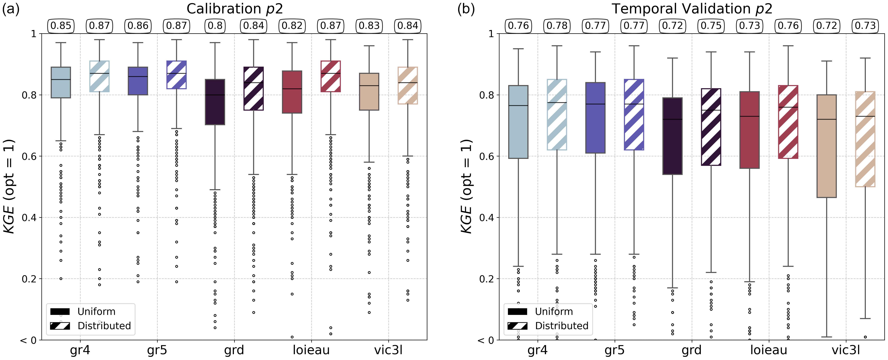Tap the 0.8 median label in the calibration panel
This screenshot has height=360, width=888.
[215, 26]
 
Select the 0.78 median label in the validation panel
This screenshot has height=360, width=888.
[557, 26]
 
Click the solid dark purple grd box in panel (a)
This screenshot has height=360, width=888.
[215, 102]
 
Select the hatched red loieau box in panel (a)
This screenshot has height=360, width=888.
[331, 76]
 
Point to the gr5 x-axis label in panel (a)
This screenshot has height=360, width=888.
[157, 350]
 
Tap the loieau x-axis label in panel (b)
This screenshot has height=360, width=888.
[769, 350]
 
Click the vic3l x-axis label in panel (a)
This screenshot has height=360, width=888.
[389, 350]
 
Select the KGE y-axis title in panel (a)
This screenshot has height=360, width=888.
[9, 186]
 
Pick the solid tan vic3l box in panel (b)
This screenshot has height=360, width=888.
[827, 146]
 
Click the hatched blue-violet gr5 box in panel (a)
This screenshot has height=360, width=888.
[177, 75]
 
